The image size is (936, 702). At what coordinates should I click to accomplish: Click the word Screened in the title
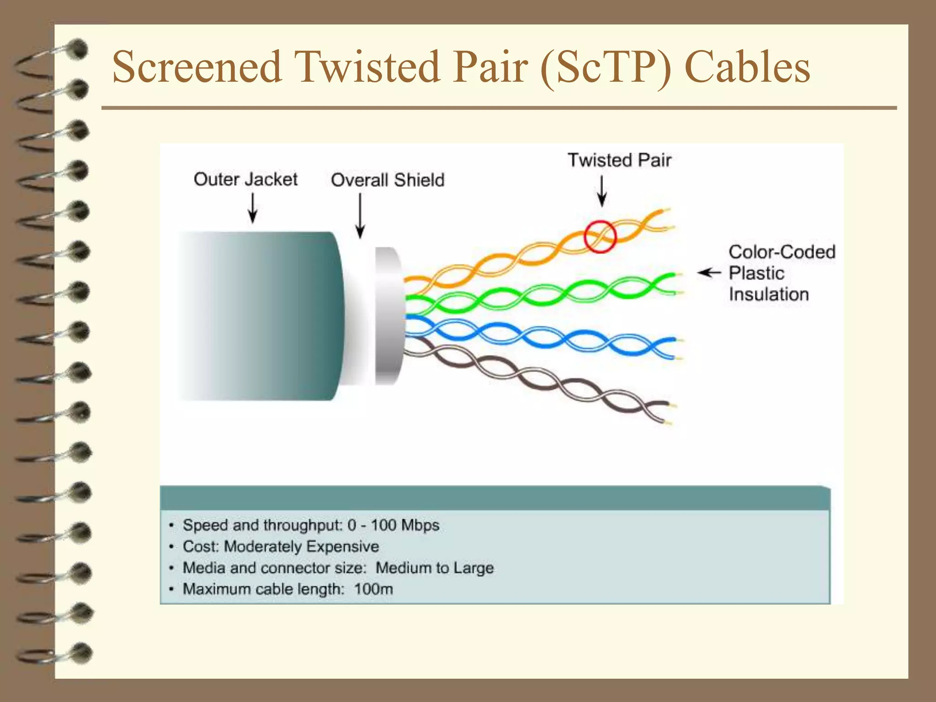(x=197, y=67)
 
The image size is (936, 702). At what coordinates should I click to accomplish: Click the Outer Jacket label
(x=245, y=179)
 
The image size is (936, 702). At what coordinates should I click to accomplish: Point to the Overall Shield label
(x=388, y=180)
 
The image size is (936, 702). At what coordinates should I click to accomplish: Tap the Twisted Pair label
(x=619, y=160)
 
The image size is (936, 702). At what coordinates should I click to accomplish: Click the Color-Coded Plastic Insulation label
(x=782, y=273)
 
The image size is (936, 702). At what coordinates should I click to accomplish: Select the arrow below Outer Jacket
(x=252, y=208)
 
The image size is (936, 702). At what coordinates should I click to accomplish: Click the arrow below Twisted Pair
(x=602, y=191)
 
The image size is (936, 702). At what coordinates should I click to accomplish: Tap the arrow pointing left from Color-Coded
(x=709, y=273)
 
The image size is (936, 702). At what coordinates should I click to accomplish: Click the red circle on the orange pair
(x=600, y=237)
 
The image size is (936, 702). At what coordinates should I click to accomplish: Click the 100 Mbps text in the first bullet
(x=405, y=525)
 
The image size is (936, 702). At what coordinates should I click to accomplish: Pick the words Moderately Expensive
(x=301, y=547)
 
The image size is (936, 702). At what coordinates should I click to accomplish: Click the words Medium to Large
(x=434, y=568)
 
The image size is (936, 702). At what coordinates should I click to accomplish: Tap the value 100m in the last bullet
(x=373, y=589)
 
